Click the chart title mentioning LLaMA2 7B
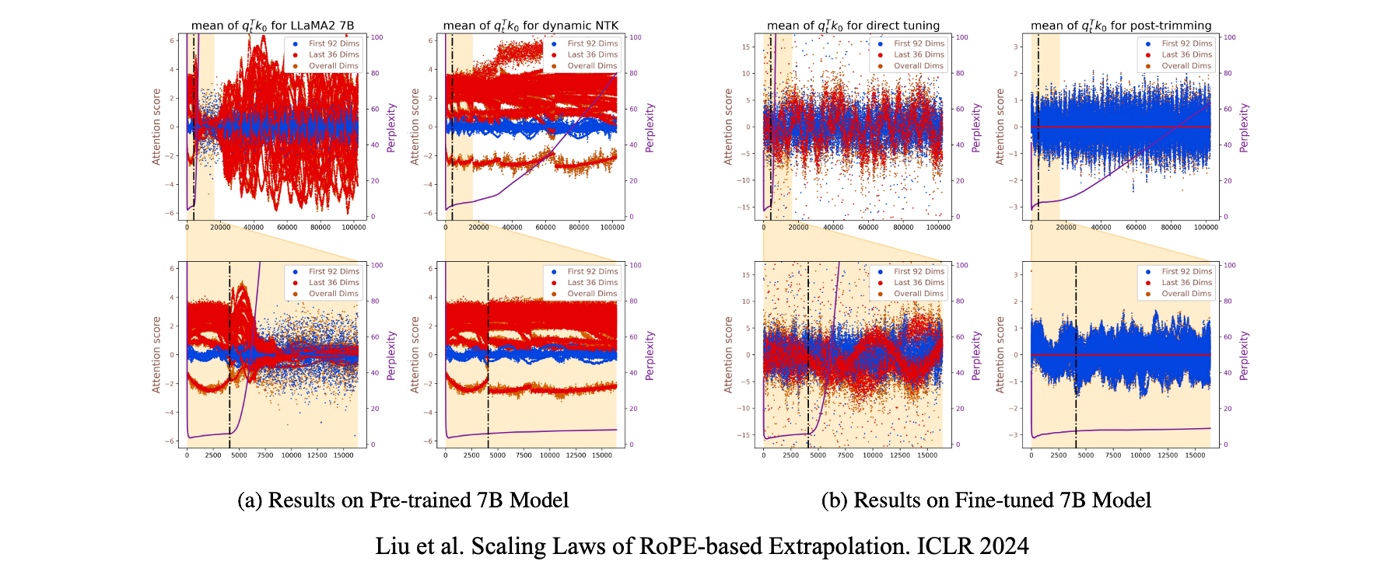[x=272, y=26]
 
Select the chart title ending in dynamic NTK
[x=531, y=26]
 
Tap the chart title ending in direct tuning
[x=853, y=26]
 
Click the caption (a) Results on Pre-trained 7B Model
[x=403, y=500]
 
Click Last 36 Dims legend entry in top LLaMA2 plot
[x=334, y=54]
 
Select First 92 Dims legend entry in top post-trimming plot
[x=1186, y=44]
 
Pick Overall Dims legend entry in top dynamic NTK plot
[x=592, y=66]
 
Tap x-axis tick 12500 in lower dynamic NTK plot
[x=576, y=455]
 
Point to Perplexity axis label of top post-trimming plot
[x=1244, y=127]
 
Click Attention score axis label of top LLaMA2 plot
[x=156, y=127]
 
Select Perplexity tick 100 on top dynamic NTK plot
[x=635, y=37]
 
